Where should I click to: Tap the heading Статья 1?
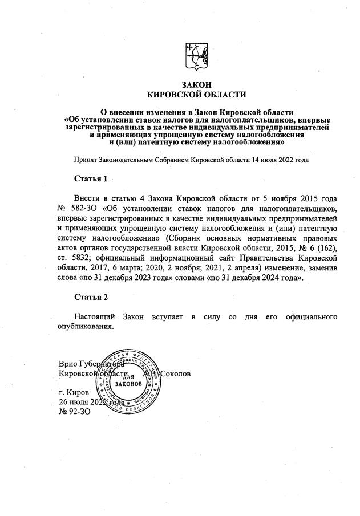pyautogui.click(x=91, y=179)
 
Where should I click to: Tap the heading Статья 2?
pyautogui.click(x=91, y=297)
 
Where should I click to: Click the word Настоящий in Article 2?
pyautogui.click(x=94, y=316)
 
